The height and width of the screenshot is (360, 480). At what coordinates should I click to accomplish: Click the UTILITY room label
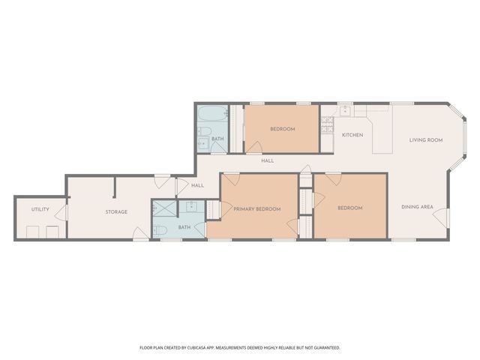(40, 209)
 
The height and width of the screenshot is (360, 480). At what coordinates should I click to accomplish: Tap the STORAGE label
(116, 212)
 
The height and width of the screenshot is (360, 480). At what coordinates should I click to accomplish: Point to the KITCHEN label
(352, 135)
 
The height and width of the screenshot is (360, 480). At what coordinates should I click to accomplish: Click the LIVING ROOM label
(425, 140)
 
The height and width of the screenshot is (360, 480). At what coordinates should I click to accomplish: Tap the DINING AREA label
(417, 207)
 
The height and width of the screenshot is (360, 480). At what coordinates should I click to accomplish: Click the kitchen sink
(345, 111)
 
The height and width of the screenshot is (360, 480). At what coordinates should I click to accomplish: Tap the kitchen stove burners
(327, 126)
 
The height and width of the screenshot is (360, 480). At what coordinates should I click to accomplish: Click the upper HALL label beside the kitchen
(267, 160)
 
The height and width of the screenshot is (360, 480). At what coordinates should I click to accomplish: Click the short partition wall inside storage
(114, 187)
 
